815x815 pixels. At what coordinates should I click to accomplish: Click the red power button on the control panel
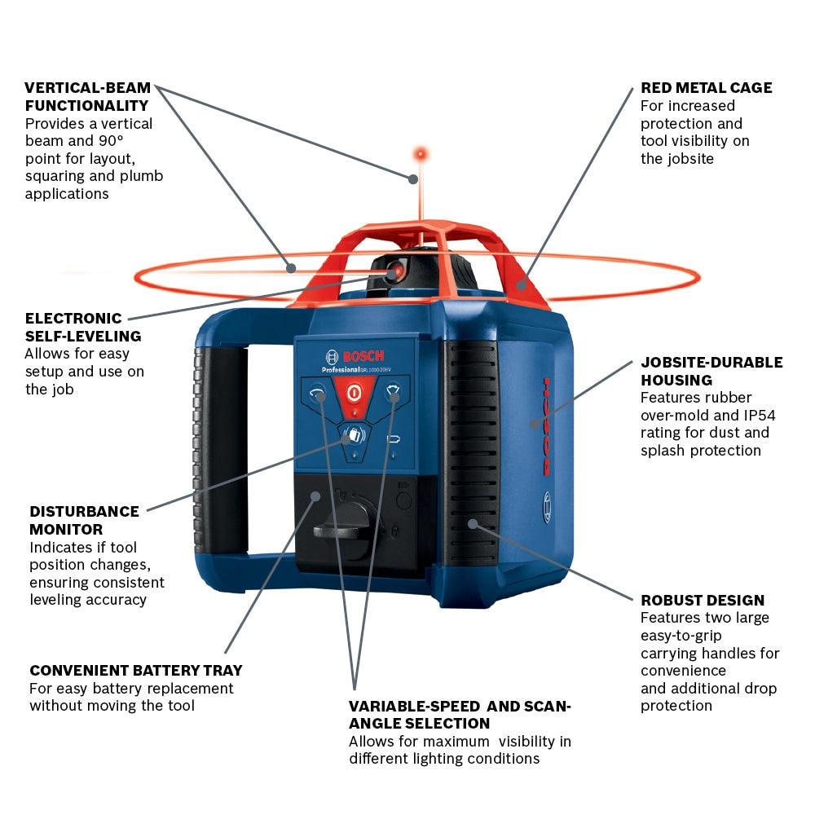[354, 392]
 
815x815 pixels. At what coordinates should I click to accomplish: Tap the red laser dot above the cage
[421, 153]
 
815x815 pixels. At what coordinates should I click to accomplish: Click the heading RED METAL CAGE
[706, 88]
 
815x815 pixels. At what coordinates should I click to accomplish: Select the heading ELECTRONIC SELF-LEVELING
[82, 327]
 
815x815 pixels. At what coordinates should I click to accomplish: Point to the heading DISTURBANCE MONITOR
[84, 520]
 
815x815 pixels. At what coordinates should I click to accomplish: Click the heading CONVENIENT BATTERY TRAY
[135, 671]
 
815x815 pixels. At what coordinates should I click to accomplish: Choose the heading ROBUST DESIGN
[702, 601]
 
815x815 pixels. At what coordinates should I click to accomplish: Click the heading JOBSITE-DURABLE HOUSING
[711, 371]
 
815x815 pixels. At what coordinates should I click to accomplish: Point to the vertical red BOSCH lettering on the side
[546, 426]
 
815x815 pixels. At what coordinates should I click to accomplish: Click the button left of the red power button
[315, 394]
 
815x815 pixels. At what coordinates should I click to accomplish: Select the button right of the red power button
[393, 394]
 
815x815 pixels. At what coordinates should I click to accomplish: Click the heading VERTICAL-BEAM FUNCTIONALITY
[87, 96]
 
